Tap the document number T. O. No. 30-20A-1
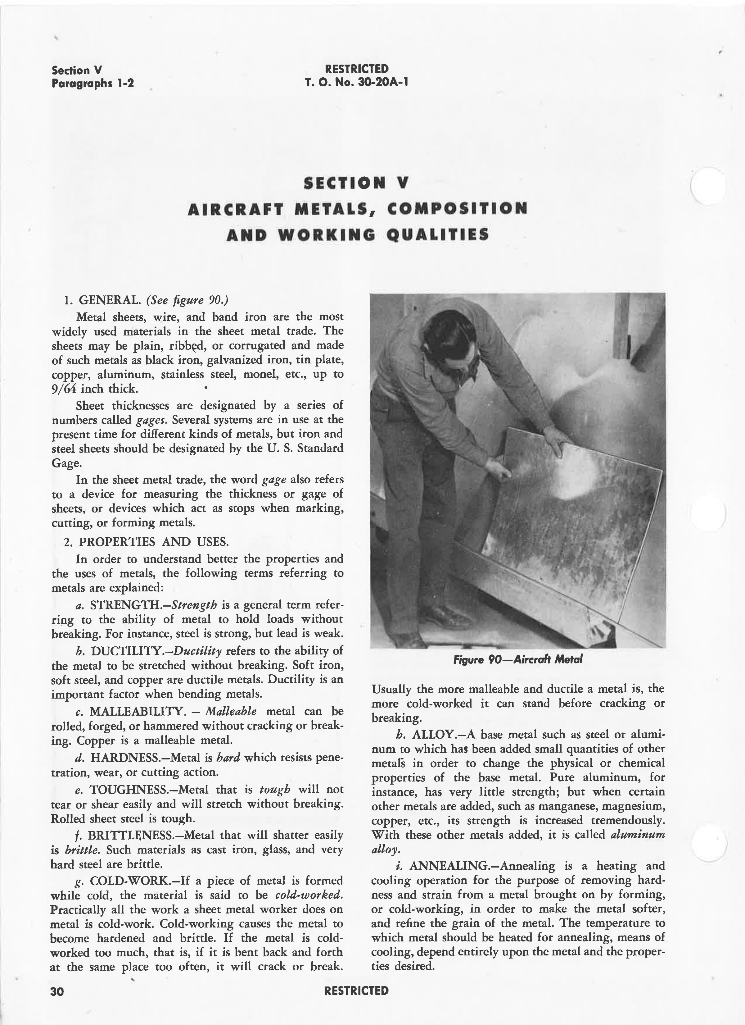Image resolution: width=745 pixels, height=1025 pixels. [x=356, y=82]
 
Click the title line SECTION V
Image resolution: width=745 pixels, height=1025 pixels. [x=356, y=183]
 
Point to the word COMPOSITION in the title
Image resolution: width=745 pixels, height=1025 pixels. [x=457, y=209]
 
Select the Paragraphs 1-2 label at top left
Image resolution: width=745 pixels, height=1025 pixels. [x=93, y=84]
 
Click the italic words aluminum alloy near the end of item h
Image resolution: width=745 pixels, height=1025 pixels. [x=637, y=834]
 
